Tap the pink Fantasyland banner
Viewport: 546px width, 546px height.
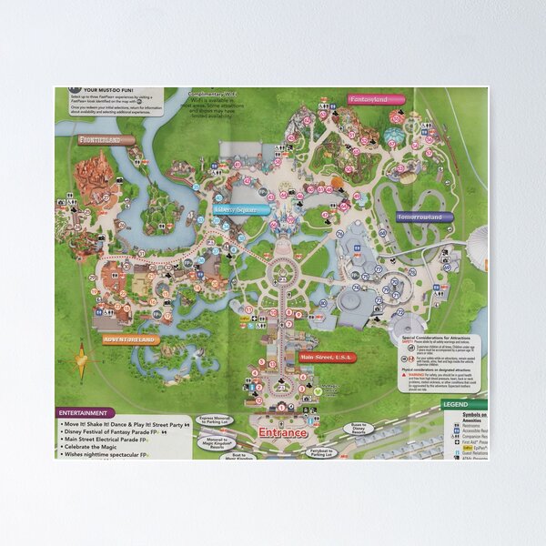368,99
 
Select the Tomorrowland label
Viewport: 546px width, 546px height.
420,217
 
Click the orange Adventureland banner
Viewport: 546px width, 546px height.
131,339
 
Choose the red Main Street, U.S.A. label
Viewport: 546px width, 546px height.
326,358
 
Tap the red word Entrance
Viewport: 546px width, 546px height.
283,432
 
